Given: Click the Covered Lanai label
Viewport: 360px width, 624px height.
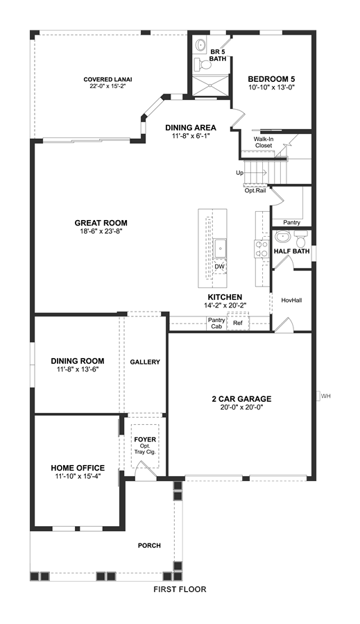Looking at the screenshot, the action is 108,79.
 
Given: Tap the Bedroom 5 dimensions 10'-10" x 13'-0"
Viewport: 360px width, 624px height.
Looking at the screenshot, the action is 271,87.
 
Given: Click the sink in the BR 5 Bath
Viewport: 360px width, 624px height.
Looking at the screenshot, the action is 200,45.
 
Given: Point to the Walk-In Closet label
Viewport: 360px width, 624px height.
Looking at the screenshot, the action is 264,142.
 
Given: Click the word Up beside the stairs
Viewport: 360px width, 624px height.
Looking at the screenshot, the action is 240,173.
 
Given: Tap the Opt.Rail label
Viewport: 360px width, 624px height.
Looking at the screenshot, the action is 255,191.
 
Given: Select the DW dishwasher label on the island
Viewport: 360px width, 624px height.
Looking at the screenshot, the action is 220,267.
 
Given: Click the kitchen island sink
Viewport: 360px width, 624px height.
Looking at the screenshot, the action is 220,248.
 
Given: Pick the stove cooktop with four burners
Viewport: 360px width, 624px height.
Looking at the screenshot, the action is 262,248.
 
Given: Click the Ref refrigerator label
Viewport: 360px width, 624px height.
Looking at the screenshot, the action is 237,323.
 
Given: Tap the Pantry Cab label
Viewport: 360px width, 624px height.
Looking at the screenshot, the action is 216,323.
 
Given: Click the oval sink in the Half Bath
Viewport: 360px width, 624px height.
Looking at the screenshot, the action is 283,237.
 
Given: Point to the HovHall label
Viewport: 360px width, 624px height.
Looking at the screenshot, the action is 291,300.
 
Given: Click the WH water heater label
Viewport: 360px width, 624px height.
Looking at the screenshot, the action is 326,396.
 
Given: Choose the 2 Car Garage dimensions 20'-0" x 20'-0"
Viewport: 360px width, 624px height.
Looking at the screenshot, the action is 241,407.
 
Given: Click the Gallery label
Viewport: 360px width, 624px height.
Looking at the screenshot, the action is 145,362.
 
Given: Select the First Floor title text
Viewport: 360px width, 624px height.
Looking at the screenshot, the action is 180,589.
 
